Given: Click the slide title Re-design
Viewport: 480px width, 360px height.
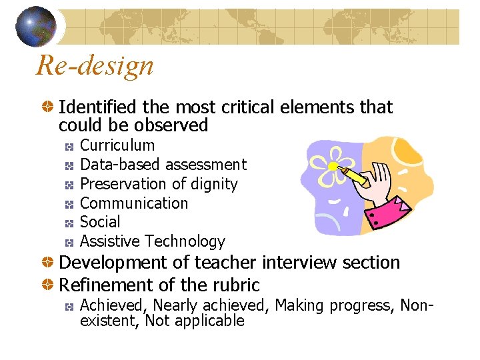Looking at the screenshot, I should coord(95,65).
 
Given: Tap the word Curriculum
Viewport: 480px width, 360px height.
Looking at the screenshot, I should coord(117,145).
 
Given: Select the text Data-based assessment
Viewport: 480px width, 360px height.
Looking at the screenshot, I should coord(163,165).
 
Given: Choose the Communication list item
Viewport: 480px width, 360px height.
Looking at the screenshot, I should coord(133,203).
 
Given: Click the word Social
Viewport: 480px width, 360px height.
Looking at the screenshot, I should coord(100,222).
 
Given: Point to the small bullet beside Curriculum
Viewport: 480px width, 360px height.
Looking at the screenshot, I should coord(69,146).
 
